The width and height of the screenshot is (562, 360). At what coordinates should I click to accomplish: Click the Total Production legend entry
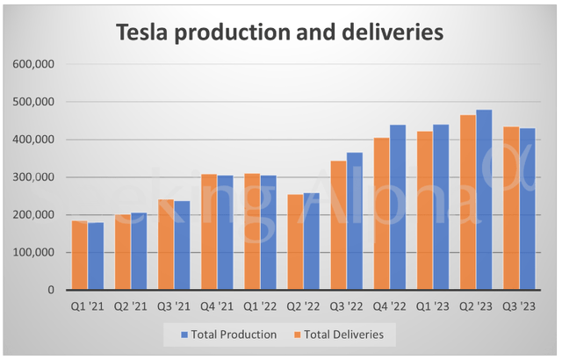(x=229, y=335)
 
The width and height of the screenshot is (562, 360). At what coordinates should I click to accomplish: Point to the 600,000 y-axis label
(x=34, y=64)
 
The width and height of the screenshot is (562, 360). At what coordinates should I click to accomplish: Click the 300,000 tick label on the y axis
(x=34, y=177)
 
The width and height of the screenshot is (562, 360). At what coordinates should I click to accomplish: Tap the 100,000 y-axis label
(x=34, y=253)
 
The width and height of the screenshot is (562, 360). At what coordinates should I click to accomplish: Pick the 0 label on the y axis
(x=52, y=291)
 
